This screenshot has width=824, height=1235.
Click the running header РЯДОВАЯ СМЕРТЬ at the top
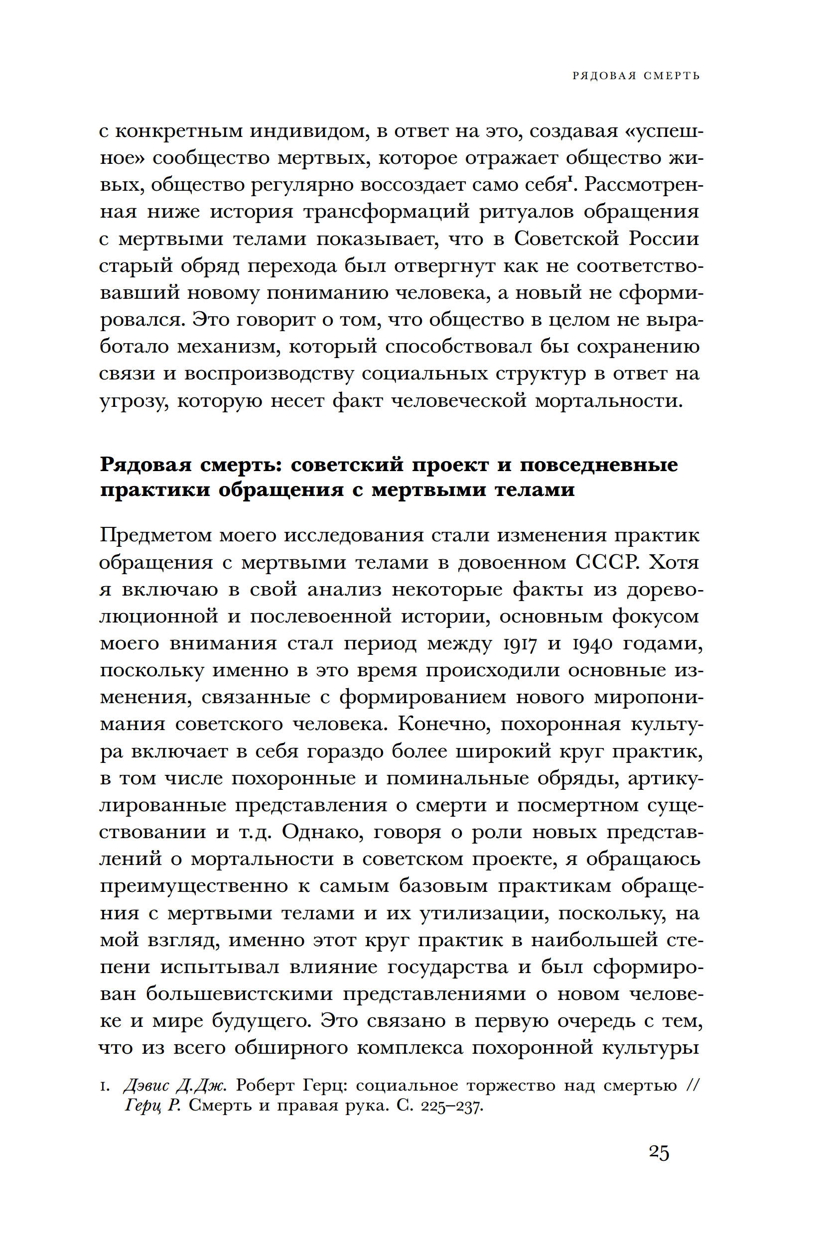(636, 76)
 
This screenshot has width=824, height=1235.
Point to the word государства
(448, 967)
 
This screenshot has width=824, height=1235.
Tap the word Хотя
(674, 562)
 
